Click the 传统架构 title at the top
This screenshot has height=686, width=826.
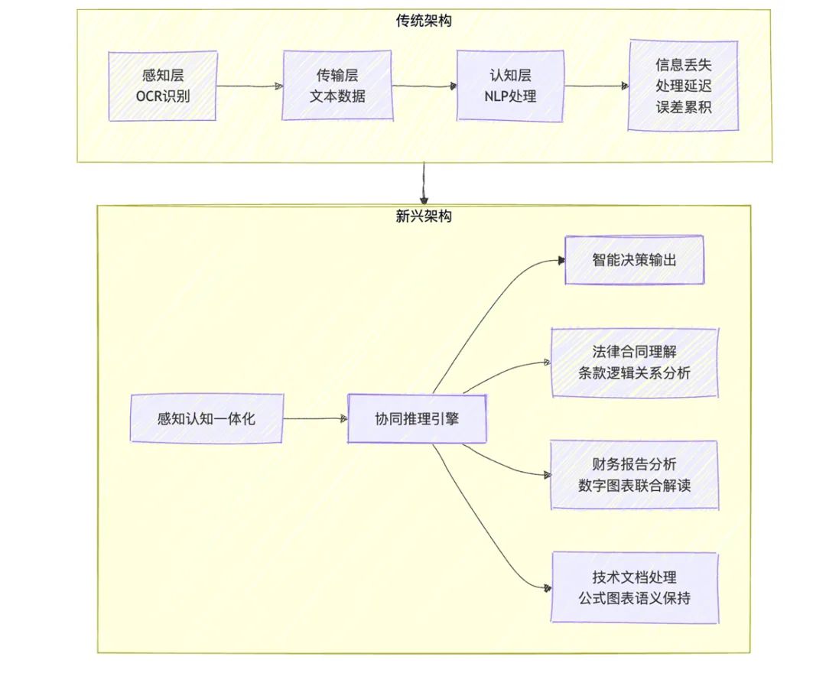(x=423, y=21)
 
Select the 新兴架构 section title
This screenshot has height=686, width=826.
(x=423, y=216)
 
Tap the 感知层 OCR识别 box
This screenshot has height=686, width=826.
(x=162, y=86)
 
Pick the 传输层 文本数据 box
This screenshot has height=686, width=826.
(x=337, y=86)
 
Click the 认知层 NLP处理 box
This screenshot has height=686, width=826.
(x=510, y=86)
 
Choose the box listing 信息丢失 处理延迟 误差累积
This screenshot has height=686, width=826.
(x=683, y=86)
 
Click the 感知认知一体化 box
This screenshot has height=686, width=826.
(x=206, y=418)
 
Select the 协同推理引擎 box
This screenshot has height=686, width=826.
(x=417, y=418)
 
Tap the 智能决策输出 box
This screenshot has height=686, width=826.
(x=634, y=260)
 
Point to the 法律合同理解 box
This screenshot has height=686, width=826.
(x=634, y=363)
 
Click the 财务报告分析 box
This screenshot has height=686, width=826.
(x=634, y=474)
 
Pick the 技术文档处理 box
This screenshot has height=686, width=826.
(x=634, y=587)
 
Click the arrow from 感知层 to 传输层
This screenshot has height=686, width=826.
(x=249, y=86)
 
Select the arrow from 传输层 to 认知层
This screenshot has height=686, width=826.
(x=424, y=86)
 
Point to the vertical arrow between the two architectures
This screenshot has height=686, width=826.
(x=423, y=184)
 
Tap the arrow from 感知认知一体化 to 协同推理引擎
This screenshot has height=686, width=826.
(x=315, y=418)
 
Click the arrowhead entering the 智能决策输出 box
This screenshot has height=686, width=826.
(x=559, y=261)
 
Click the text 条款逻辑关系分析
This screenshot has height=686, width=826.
(x=634, y=373)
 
